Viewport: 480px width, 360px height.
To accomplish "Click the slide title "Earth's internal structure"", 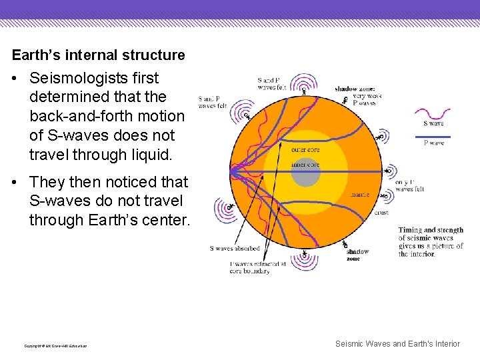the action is pos(98,55).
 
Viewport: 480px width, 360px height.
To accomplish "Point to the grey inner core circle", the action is pos(306,172).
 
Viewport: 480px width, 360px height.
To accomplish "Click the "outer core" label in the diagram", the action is pos(305,149).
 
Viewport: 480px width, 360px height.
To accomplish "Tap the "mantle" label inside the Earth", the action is pos(360,195).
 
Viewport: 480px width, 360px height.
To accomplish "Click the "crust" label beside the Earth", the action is pos(381,213).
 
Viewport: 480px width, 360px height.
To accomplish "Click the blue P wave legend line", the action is pos(433,137).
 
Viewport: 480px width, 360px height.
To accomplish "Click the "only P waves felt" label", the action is pos(409,185).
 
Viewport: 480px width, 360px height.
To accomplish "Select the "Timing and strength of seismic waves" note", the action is pos(431,242).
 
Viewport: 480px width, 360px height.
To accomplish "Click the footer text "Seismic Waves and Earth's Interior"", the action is pos(397,344).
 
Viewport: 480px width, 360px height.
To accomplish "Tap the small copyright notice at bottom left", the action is pos(55,345).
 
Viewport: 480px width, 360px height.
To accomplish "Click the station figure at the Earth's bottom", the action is pos(305,255).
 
